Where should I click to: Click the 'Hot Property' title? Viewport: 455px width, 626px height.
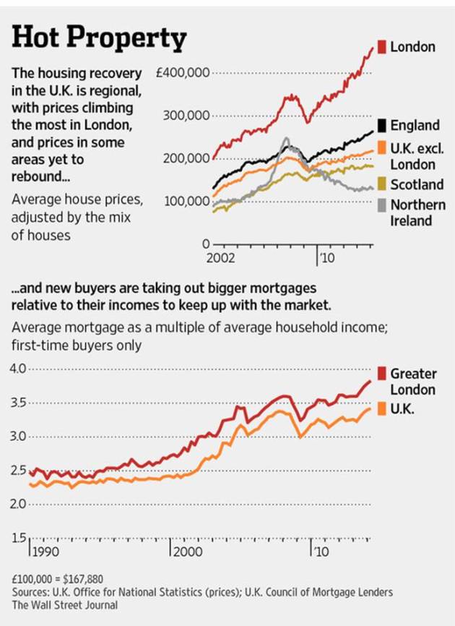pos(99,38)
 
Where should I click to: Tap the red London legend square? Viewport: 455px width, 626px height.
pos(383,47)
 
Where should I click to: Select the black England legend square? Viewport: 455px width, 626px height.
pos(383,125)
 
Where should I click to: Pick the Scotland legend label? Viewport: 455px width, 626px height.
pos(416,184)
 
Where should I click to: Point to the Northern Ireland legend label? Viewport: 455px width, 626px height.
pos(418,213)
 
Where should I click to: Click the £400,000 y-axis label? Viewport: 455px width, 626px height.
pos(183,73)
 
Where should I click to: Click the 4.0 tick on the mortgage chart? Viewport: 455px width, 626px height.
pos(18,369)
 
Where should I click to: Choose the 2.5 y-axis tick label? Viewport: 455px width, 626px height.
pos(18,471)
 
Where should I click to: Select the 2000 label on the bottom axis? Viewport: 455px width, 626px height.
pos(186,552)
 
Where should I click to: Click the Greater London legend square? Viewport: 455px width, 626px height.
pos(383,374)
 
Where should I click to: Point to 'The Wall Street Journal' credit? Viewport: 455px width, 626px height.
pos(64,604)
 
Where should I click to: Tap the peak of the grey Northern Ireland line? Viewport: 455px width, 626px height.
pos(287,138)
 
